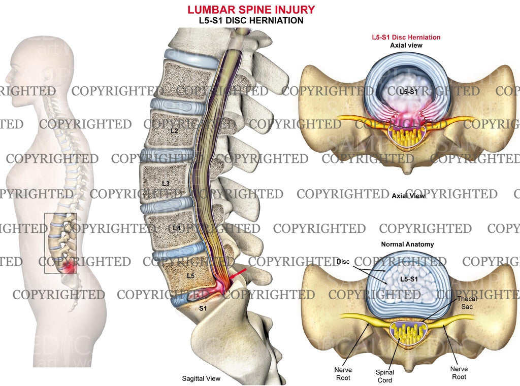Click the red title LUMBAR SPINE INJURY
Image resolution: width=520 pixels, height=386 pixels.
click(251, 10)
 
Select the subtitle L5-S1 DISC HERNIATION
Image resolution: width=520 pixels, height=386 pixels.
click(251, 21)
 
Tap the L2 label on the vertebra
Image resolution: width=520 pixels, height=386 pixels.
click(174, 131)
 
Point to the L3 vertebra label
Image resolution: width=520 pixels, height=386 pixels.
click(166, 183)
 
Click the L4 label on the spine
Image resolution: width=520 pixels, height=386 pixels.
click(176, 228)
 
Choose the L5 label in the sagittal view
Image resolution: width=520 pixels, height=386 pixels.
click(190, 276)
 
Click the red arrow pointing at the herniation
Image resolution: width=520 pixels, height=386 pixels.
click(238, 274)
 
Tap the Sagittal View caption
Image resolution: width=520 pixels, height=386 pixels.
click(201, 378)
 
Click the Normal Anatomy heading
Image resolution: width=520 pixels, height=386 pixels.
click(407, 244)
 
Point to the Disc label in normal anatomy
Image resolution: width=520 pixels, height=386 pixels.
click(344, 262)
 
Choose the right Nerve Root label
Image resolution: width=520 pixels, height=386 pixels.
click(459, 372)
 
